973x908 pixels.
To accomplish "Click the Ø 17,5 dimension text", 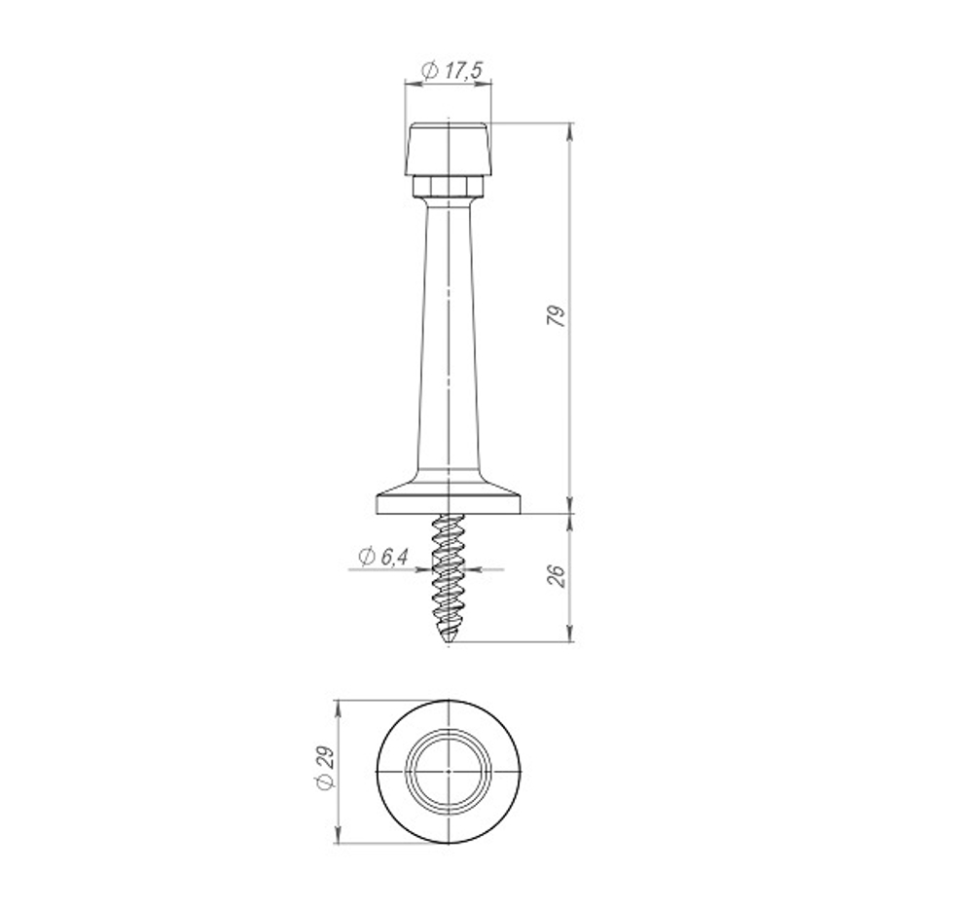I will [453, 70].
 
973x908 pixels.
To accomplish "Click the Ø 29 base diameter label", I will [325, 771].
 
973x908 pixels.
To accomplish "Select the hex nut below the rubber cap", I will [448, 185].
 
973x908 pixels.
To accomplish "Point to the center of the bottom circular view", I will [449, 771].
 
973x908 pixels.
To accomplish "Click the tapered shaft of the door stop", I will [449, 341].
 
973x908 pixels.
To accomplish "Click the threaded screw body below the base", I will [449, 574].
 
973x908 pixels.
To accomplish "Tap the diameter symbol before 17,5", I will [429, 70].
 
